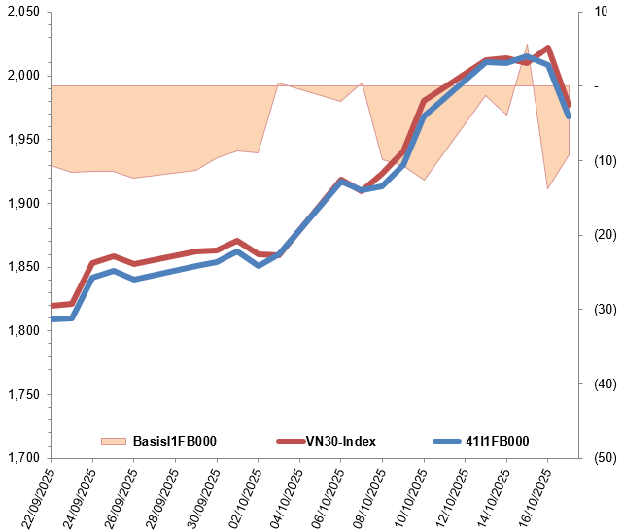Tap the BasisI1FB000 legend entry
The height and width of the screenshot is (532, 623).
tap(174, 441)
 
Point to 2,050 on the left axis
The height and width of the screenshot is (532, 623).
tap(22, 12)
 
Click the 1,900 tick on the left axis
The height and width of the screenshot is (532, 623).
tap(22, 203)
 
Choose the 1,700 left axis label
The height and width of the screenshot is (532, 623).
tap(22, 458)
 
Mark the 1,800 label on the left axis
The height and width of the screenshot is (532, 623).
tap(22, 331)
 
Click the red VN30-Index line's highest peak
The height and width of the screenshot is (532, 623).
tap(548, 48)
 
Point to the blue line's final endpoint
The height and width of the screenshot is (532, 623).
tap(569, 116)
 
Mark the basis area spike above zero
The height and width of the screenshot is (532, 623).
tap(527, 45)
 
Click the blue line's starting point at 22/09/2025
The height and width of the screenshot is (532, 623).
tap(51, 318)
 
